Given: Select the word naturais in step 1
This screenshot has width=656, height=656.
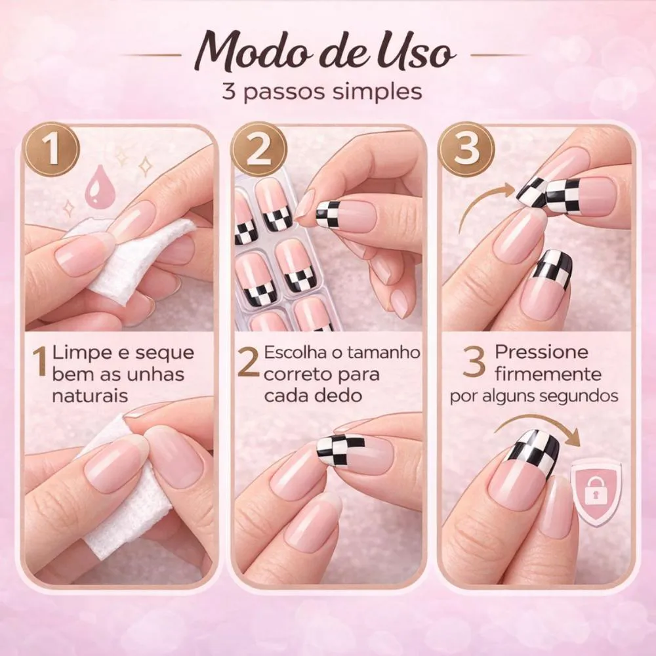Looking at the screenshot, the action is pyautogui.click(x=90, y=396).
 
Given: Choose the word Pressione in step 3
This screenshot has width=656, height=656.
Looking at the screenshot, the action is pyautogui.click(x=541, y=352).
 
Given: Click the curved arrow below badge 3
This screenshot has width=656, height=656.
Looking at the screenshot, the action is pyautogui.click(x=477, y=201).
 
